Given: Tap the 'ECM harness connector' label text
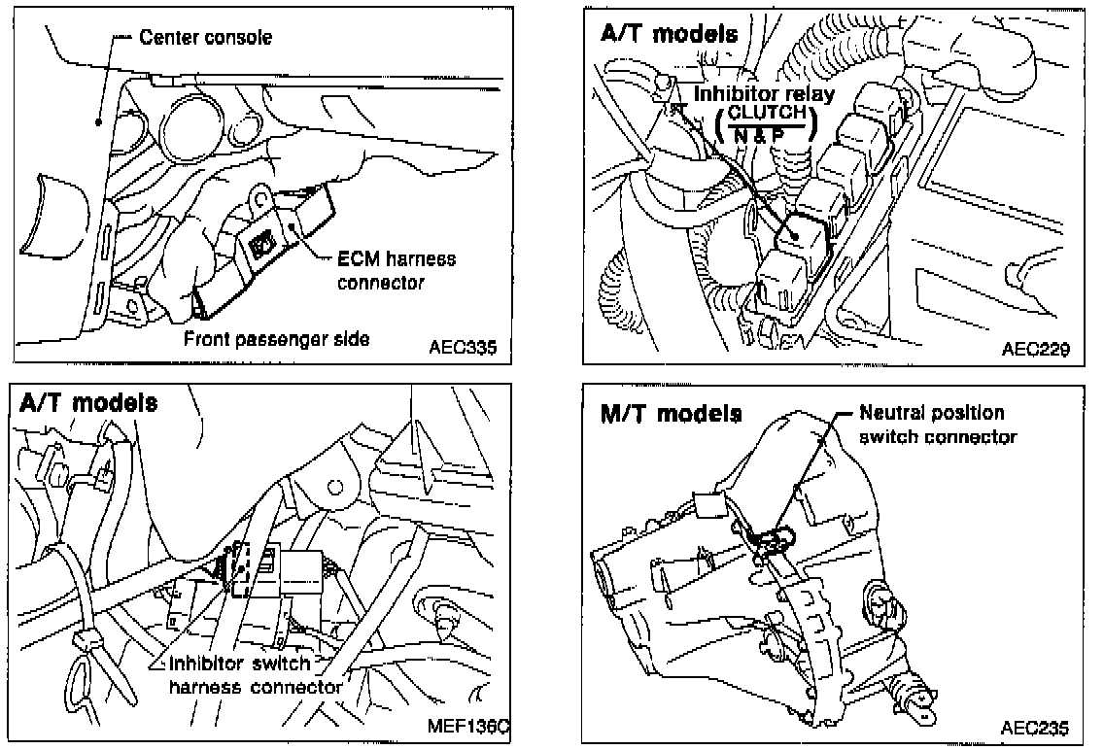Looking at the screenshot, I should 396,271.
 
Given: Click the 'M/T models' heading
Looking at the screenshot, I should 671,413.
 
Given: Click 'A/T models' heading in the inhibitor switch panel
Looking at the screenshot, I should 88,402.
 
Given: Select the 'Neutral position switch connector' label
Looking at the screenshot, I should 938,425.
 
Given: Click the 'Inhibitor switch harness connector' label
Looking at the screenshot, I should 255,676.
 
